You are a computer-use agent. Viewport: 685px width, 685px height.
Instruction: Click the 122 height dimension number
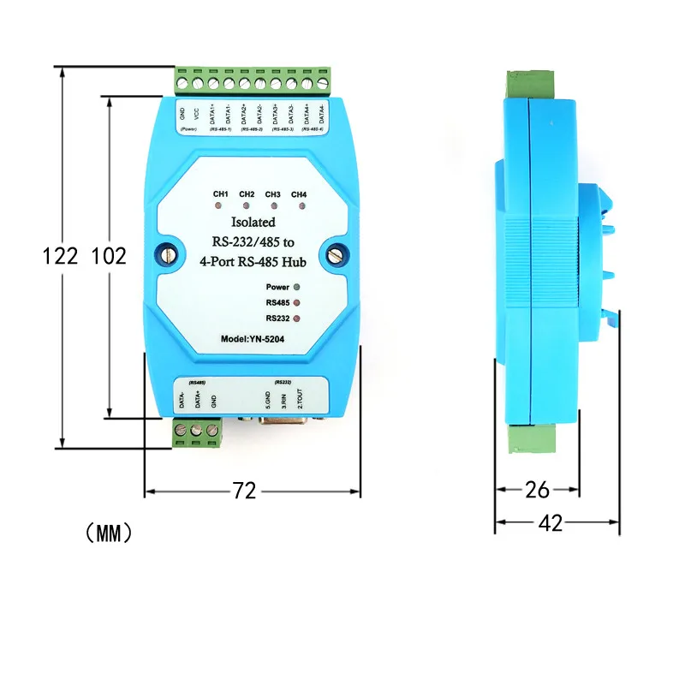(61, 255)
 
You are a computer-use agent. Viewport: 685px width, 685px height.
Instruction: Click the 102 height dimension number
(109, 255)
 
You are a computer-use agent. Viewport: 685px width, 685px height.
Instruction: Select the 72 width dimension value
(245, 491)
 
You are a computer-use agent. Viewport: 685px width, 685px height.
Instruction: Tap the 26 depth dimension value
(537, 490)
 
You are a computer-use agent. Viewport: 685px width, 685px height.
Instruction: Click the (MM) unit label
(110, 533)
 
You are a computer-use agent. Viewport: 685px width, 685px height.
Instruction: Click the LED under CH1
(220, 206)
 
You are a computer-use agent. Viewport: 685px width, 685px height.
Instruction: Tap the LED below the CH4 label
(299, 206)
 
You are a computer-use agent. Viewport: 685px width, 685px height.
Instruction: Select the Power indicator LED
(297, 288)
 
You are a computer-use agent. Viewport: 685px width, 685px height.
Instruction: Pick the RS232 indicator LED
(297, 319)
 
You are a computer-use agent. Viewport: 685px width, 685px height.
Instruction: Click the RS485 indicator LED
(297, 303)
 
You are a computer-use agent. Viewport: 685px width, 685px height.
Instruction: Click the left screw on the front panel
(169, 254)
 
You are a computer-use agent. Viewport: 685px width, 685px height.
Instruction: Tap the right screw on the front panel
(335, 254)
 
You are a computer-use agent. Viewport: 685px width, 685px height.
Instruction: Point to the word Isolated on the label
(251, 223)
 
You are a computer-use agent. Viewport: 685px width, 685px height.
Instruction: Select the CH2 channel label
(247, 194)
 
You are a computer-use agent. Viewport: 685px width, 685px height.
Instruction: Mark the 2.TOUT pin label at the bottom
(299, 398)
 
